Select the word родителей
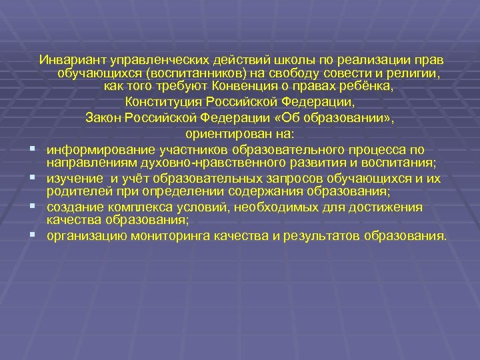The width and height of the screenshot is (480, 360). tap(73, 191)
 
